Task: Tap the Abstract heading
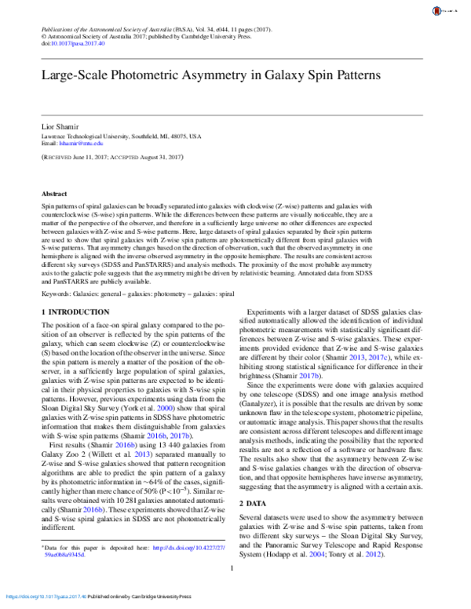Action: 54,193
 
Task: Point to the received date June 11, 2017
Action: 93,157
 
